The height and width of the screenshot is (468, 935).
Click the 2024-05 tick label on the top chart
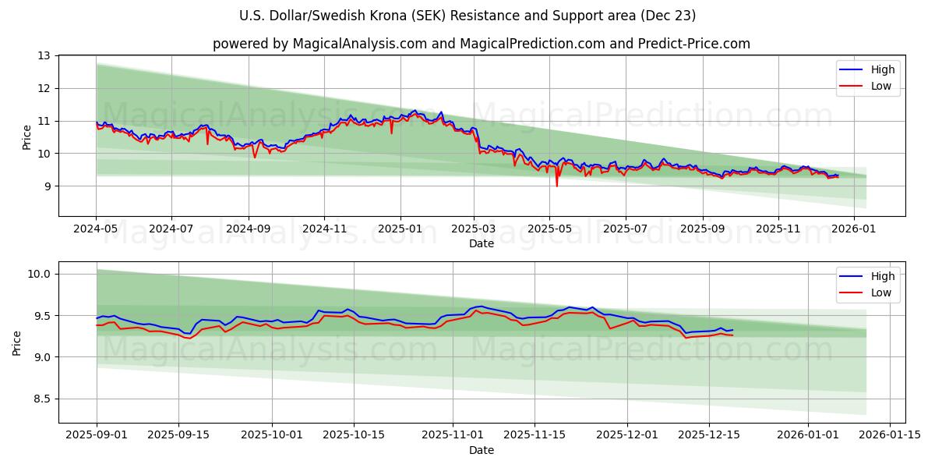tap(96, 230)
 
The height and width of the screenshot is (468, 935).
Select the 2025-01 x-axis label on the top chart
tap(400, 230)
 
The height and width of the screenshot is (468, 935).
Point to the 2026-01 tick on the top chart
tap(854, 230)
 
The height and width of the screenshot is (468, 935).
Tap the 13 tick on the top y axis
tap(43, 56)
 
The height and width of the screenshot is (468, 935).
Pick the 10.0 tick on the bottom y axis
tap(40, 274)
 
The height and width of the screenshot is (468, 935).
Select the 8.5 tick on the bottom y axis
tap(42, 399)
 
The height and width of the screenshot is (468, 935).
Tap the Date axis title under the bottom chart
tap(481, 450)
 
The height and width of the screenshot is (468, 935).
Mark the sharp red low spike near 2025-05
tap(556, 185)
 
